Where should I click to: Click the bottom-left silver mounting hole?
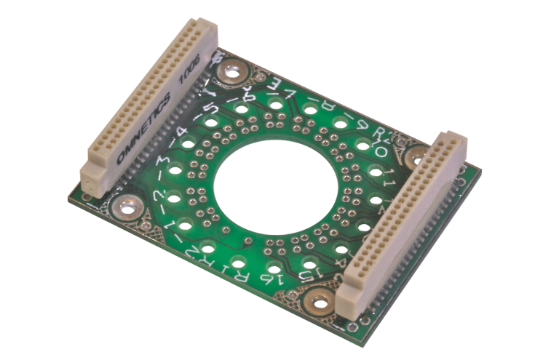128,208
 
